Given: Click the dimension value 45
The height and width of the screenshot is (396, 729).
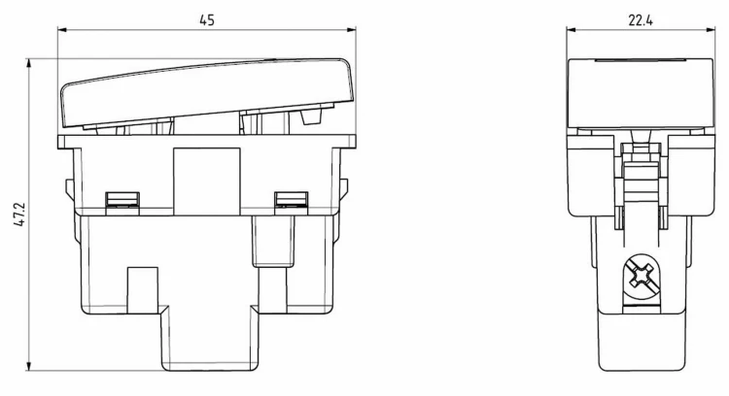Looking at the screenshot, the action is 206,20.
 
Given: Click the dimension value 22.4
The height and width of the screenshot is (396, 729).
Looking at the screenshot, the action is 641,20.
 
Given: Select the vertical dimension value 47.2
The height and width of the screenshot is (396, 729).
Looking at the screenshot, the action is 20,214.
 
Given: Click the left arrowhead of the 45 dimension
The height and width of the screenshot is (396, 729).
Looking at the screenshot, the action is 62,30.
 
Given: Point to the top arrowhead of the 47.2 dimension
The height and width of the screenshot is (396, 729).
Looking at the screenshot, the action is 29,63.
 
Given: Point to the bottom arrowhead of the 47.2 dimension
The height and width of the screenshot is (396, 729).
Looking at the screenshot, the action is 29,366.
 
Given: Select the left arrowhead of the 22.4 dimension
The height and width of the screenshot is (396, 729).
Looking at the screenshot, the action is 571,30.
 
